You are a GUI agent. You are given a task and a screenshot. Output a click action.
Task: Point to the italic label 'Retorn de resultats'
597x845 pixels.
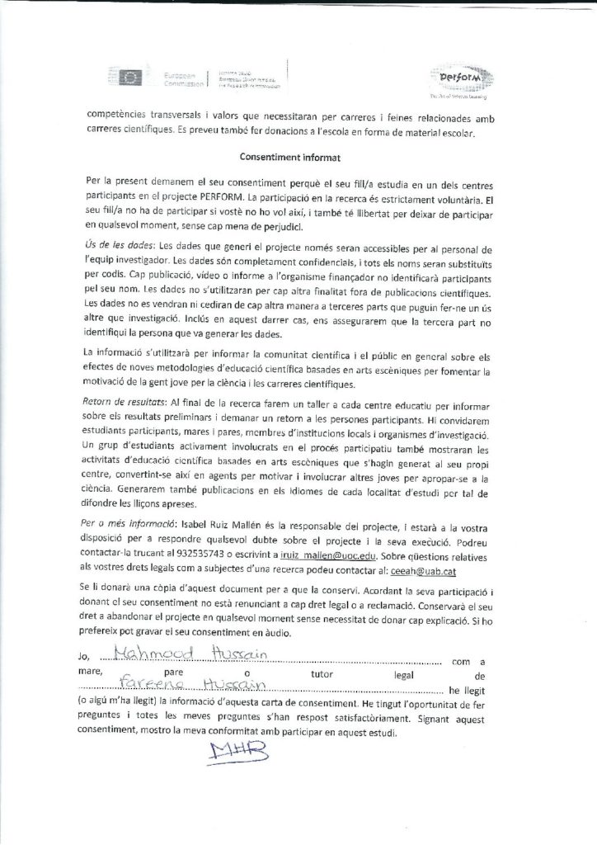click(125, 402)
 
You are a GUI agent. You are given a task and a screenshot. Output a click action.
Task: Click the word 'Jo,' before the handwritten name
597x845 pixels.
click(92, 660)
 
